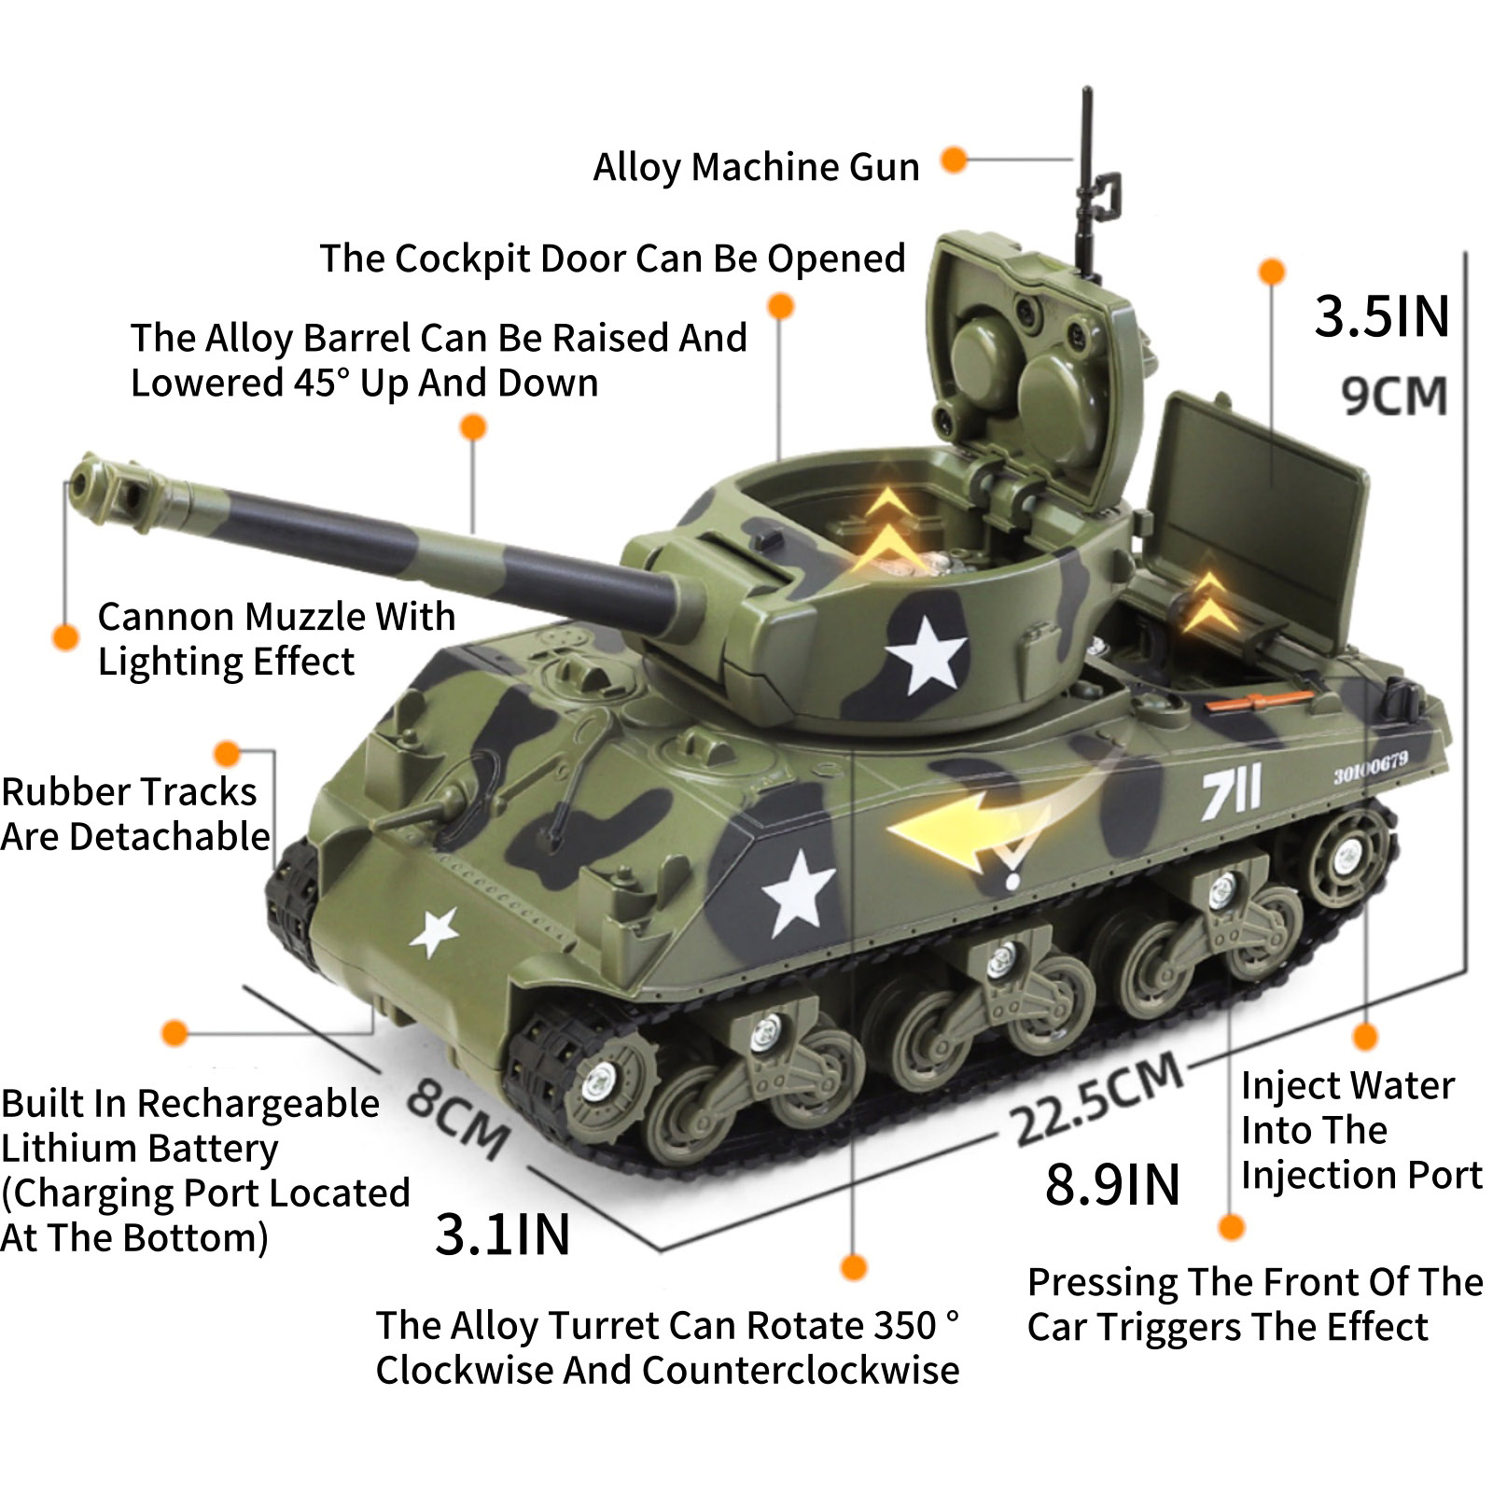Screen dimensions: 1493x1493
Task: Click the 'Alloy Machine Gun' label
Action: coord(757,168)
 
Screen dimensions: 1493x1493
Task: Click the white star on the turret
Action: coord(926,654)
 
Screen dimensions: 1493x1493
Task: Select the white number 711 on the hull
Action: coord(1231,792)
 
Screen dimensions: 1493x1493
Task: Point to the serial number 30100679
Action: coord(1371,768)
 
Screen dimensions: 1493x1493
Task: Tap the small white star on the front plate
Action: coord(434,931)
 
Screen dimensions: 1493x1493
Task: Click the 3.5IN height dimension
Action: coord(1382,316)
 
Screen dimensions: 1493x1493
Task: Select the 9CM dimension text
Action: coord(1394,396)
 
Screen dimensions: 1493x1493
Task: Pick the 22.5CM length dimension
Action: coord(1098,1100)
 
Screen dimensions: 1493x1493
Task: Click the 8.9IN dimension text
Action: coord(1112,1185)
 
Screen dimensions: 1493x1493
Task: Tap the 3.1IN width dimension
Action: coord(502,1235)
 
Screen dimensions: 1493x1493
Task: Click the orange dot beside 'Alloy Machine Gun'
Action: coord(953,160)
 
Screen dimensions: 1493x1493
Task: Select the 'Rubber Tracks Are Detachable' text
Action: coord(135,814)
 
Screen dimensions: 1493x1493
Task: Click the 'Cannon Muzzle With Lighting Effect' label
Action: coord(276,639)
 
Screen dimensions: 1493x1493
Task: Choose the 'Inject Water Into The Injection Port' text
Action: coord(1361,1131)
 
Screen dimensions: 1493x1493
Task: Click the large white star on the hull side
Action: coord(798,894)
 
